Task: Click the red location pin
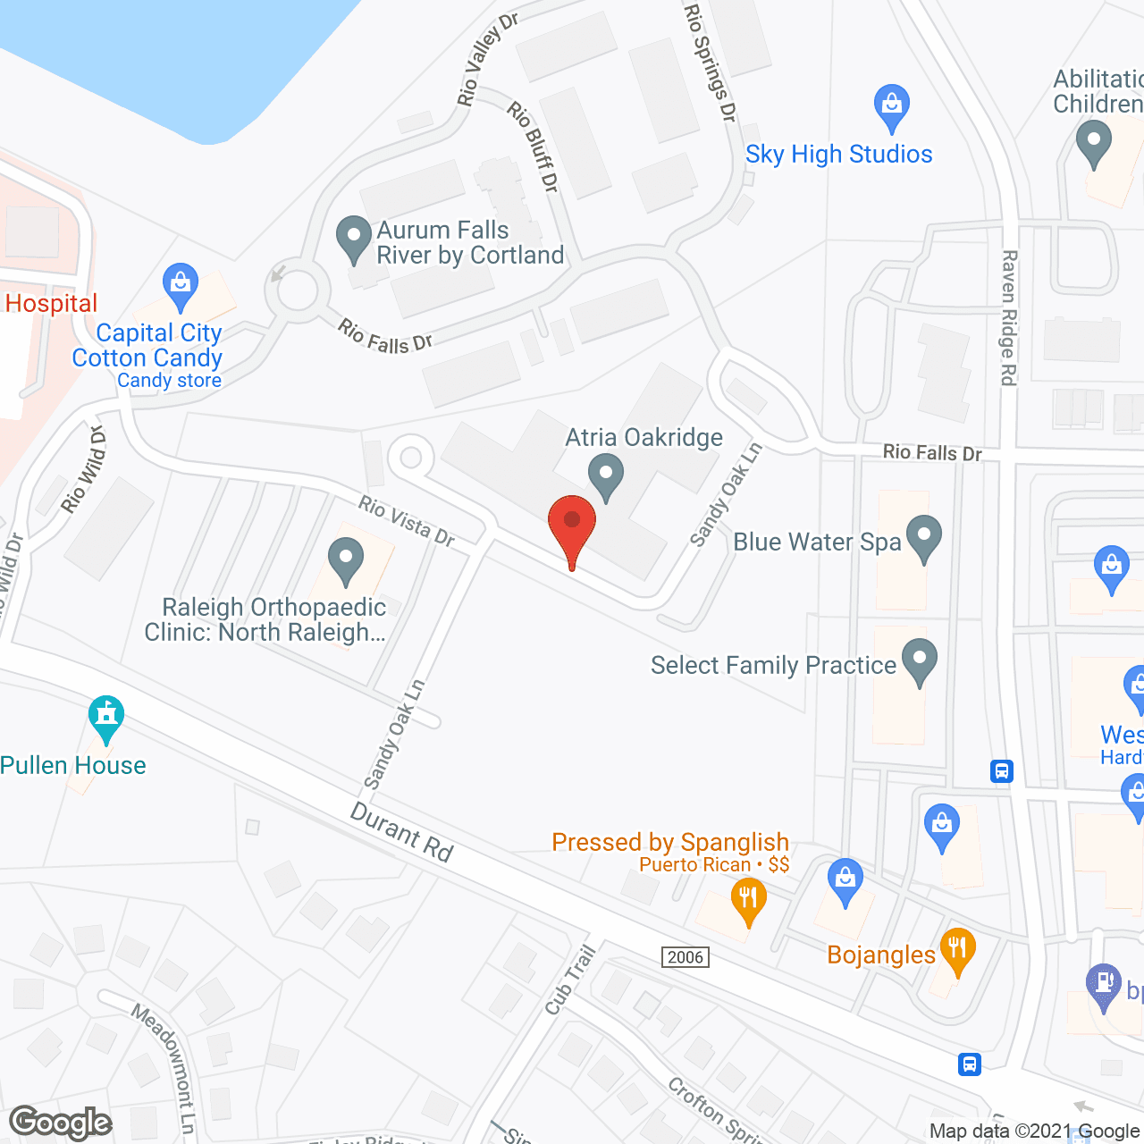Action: (571, 527)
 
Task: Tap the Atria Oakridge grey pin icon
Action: (607, 475)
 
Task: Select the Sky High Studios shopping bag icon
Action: (891, 107)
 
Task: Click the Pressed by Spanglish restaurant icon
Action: (748, 900)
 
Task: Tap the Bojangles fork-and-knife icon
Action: (957, 952)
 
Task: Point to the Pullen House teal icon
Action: (106, 718)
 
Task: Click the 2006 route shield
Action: (686, 957)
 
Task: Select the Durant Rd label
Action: (402, 832)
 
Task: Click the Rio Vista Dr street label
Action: (407, 521)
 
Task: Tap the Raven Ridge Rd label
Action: (1008, 317)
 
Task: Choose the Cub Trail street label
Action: (569, 980)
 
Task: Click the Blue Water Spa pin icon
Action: (924, 538)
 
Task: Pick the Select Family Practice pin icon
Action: (919, 661)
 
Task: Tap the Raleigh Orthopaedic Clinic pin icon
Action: (346, 560)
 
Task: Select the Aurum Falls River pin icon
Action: (354, 239)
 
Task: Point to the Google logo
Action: (61, 1123)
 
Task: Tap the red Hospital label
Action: (51, 304)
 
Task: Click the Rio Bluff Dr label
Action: (533, 147)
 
